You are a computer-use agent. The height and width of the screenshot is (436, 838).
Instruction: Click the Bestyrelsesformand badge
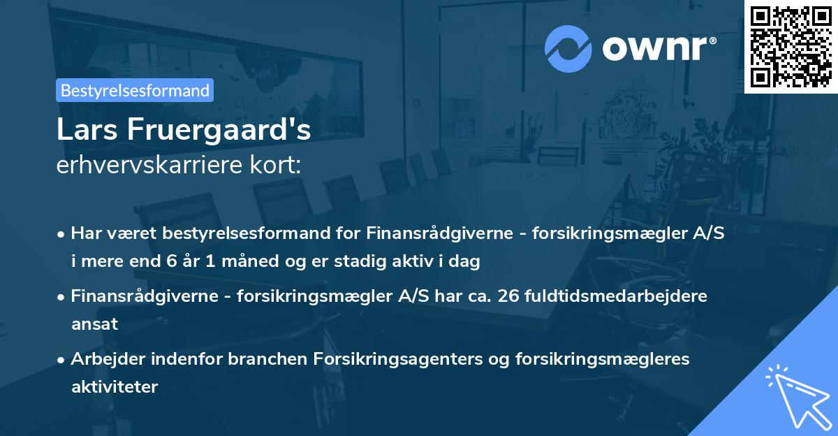[135, 90]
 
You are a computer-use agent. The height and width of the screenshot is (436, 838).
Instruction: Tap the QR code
[790, 46]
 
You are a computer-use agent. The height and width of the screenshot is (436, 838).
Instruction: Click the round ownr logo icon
[568, 48]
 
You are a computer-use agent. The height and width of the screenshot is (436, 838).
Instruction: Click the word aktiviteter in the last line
[115, 386]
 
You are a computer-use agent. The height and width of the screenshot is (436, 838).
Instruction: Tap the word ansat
[94, 324]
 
